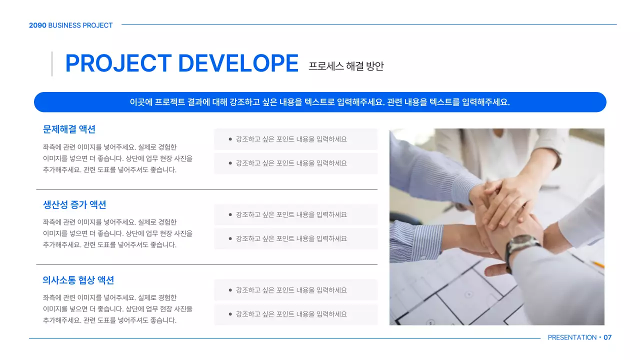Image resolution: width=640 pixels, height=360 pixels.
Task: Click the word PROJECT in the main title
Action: click(x=118, y=63)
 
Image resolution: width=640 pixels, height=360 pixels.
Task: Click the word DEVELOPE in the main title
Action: click(x=238, y=63)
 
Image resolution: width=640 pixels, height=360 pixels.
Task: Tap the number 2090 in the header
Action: click(x=37, y=25)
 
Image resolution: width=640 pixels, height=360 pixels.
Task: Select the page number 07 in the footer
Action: click(x=607, y=337)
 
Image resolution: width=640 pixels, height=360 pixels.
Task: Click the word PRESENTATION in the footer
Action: click(x=572, y=337)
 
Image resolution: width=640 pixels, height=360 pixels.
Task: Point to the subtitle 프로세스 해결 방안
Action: click(x=346, y=66)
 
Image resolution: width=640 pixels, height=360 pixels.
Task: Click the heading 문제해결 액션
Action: click(x=69, y=129)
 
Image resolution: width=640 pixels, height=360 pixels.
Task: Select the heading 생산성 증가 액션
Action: click(x=74, y=204)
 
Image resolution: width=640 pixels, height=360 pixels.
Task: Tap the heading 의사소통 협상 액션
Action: click(x=78, y=280)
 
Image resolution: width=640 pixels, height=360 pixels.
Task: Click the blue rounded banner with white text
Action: click(x=320, y=102)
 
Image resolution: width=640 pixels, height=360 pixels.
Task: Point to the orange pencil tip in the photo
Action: click(x=597, y=264)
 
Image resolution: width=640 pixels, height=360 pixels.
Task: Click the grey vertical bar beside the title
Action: click(x=52, y=64)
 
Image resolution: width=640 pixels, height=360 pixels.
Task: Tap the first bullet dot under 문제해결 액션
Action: click(x=230, y=139)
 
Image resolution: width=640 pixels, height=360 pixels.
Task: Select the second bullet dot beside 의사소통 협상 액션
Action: click(x=230, y=314)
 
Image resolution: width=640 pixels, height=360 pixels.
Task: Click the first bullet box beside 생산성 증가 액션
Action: click(x=295, y=214)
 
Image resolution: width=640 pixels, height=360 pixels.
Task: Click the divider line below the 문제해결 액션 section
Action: click(x=206, y=190)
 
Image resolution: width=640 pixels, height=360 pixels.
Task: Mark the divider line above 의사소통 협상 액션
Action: click(x=206, y=265)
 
